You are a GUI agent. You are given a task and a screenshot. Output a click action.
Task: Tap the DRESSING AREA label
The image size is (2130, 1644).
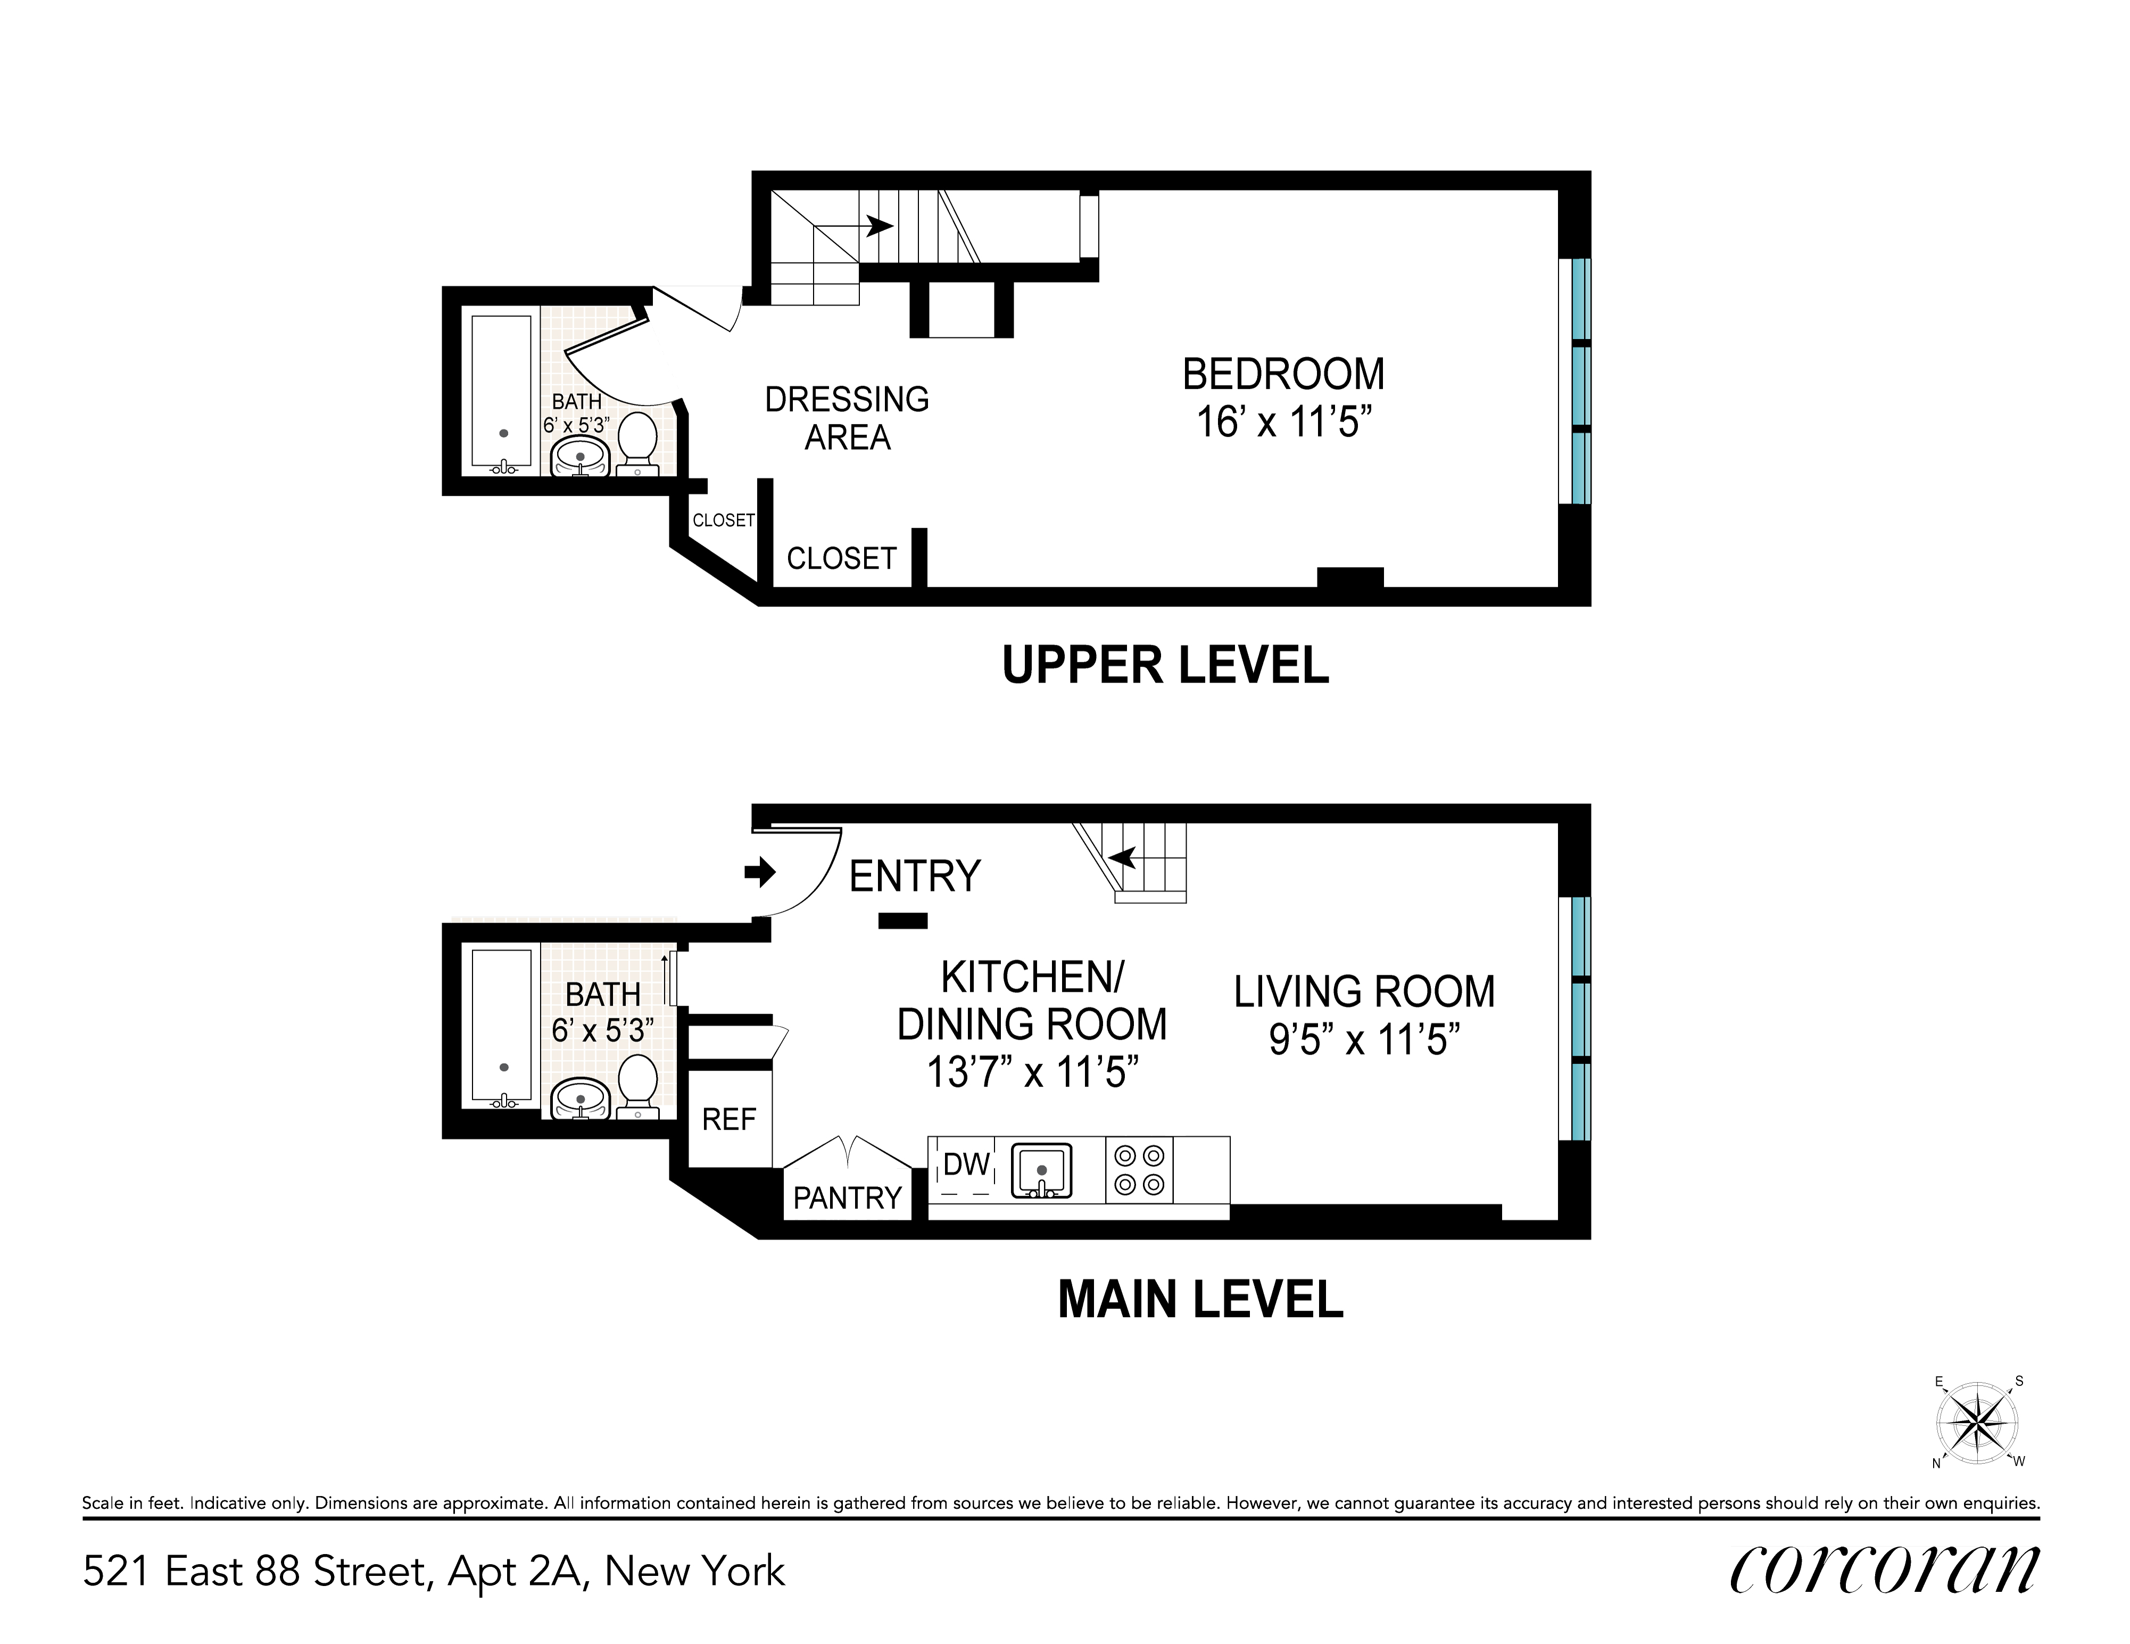pyautogui.click(x=847, y=418)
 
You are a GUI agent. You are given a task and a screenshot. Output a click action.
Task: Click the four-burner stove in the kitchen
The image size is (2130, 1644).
pyautogui.click(x=1140, y=1170)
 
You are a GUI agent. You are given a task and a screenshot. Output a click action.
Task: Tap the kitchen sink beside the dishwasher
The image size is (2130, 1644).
pyautogui.click(x=1042, y=1171)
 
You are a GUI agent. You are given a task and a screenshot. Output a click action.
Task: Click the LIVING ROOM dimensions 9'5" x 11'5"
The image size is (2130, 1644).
pyautogui.click(x=1363, y=1041)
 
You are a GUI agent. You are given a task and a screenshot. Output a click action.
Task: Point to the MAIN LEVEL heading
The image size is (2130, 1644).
pyautogui.click(x=1200, y=1299)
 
